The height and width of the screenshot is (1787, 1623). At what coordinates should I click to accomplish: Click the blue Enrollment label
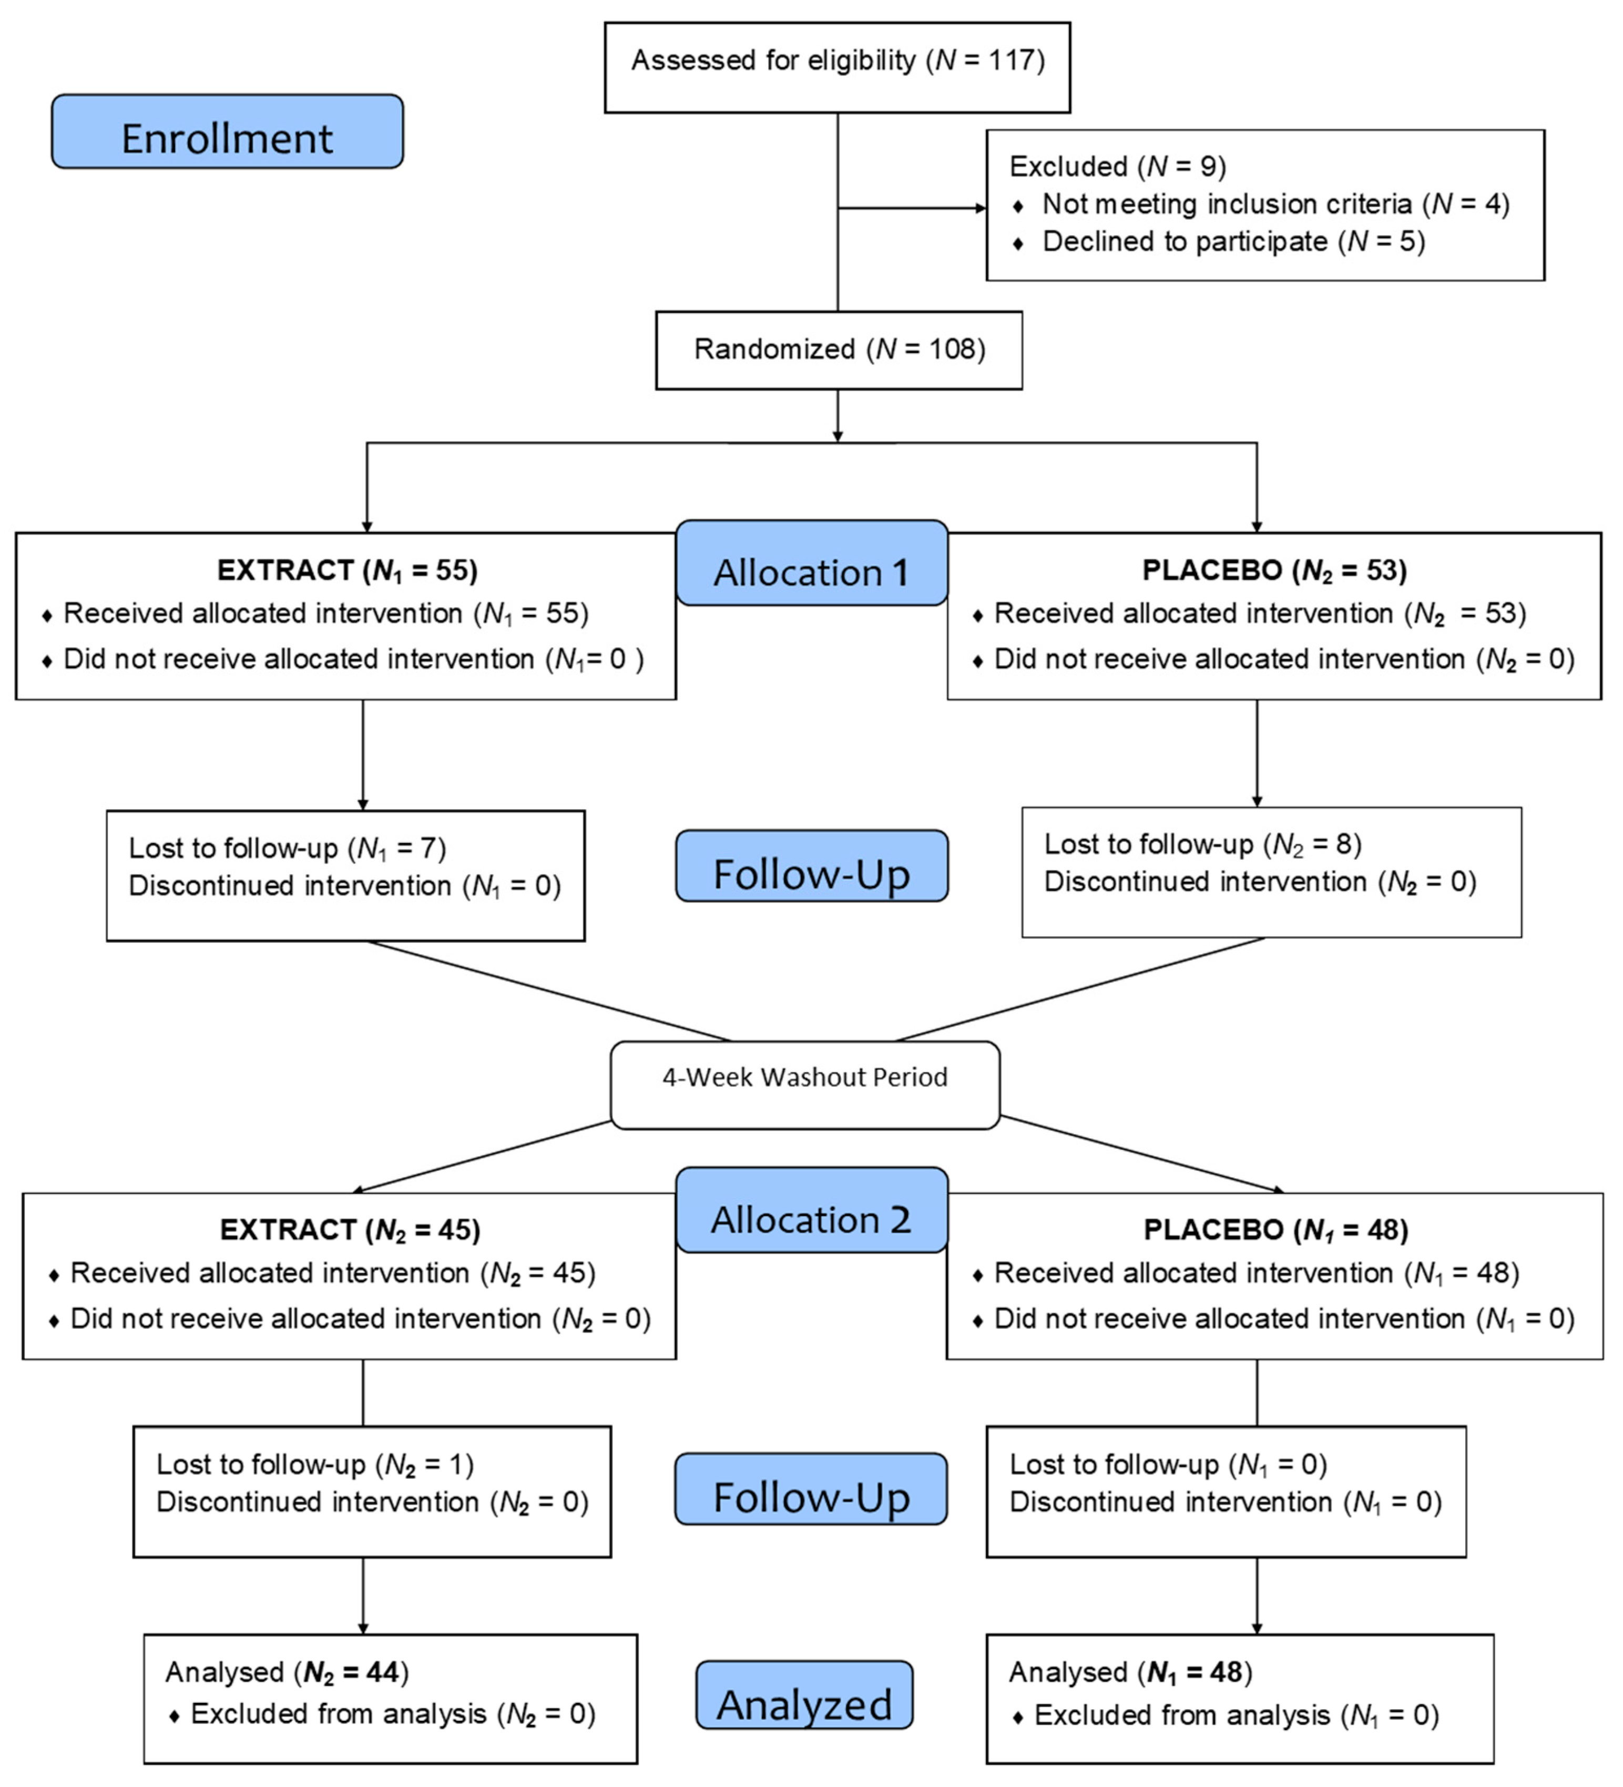coord(227,132)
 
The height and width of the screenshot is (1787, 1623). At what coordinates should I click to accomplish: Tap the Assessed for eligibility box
coord(837,67)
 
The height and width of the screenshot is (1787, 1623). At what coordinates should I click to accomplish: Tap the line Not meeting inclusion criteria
coord(1274,205)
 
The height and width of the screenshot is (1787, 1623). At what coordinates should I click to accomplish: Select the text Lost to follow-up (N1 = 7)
coord(287,849)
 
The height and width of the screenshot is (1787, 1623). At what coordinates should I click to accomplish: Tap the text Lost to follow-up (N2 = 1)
coord(315,1464)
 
